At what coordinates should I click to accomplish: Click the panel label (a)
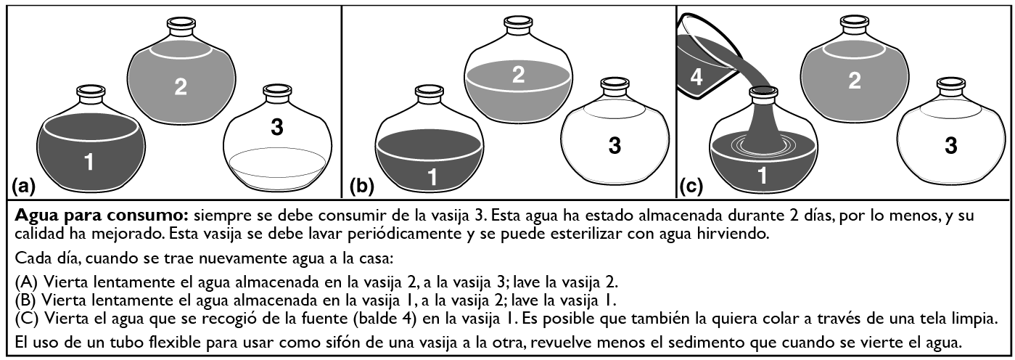tap(23, 186)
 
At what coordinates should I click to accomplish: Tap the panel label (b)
tap(362, 186)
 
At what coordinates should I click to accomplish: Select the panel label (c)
tap(691, 186)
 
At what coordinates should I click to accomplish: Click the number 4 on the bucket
tap(696, 77)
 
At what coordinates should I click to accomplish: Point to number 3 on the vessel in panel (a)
tap(277, 128)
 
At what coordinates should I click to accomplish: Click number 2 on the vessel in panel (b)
tap(518, 75)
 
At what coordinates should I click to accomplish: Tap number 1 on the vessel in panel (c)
tap(763, 176)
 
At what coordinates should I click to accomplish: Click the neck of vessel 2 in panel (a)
tap(181, 28)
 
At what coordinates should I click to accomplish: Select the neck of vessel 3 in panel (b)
tap(615, 88)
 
